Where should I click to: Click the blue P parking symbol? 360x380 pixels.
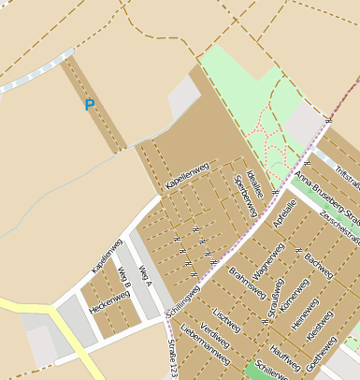[90, 106]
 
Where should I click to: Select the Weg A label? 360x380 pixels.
[145, 275]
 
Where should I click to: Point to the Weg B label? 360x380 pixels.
[124, 279]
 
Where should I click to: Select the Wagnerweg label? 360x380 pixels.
[268, 263]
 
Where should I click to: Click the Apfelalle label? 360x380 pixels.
[284, 215]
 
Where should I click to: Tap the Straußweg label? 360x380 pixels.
[275, 300]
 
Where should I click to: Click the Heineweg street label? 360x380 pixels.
[304, 318]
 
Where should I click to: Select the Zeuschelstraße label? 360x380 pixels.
[339, 224]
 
